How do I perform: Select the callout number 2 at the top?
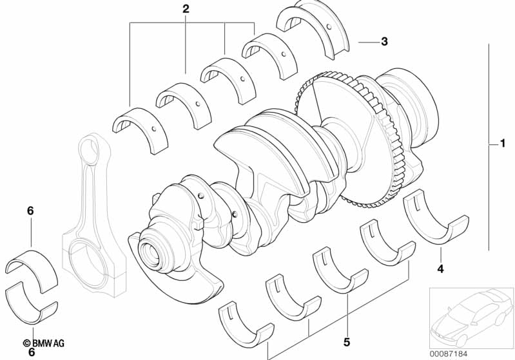pyautogui.click(x=186, y=10)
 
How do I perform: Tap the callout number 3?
pyautogui.click(x=384, y=42)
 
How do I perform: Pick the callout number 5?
pyautogui.click(x=346, y=341)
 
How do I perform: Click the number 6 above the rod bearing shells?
pyautogui.click(x=30, y=211)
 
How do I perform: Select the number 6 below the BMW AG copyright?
pyautogui.click(x=32, y=352)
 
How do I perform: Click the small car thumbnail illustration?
pyautogui.click(x=470, y=315)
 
